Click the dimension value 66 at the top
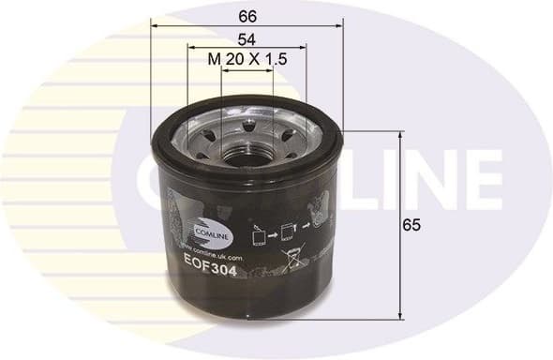click(x=247, y=16)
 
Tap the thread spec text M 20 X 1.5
click(x=247, y=59)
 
